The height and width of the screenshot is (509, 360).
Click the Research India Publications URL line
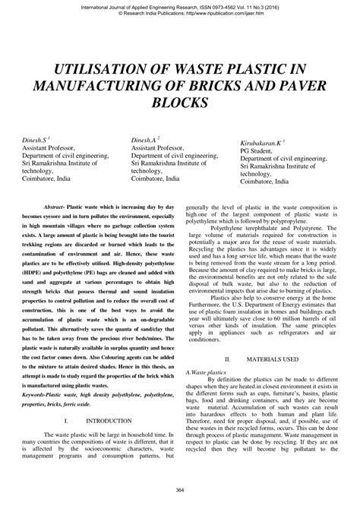pyautogui.click(x=180, y=14)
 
